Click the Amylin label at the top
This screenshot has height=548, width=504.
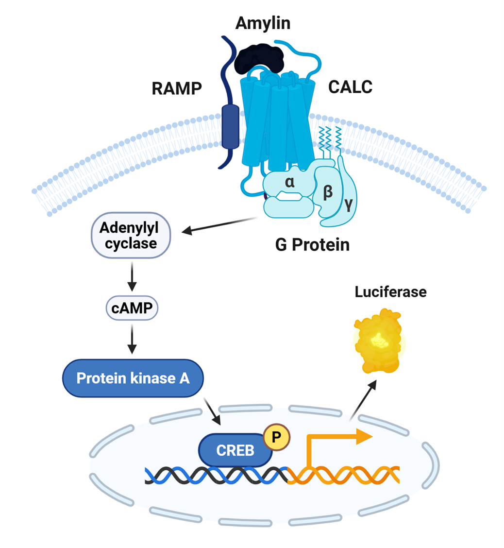tap(262, 22)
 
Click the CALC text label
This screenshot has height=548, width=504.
tap(350, 87)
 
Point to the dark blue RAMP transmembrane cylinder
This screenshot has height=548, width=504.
tap(230, 126)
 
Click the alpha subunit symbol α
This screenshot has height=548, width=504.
tap(289, 183)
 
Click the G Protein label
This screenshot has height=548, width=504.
tap(312, 245)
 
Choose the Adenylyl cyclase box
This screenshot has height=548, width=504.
tap(131, 235)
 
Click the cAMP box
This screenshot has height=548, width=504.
tap(132, 308)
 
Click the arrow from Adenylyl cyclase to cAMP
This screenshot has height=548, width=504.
tap(132, 276)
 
